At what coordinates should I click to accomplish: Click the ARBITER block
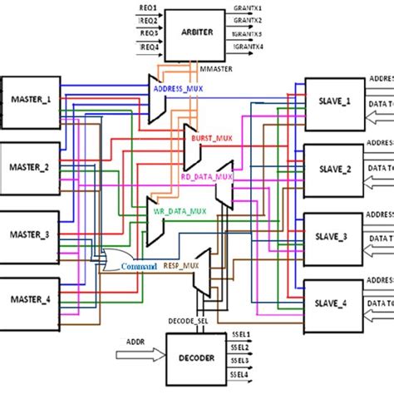coord(196,32)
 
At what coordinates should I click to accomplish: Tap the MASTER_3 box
coord(31,235)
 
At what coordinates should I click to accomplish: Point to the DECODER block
coord(196,357)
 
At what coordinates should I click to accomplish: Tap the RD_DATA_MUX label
coord(206,176)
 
